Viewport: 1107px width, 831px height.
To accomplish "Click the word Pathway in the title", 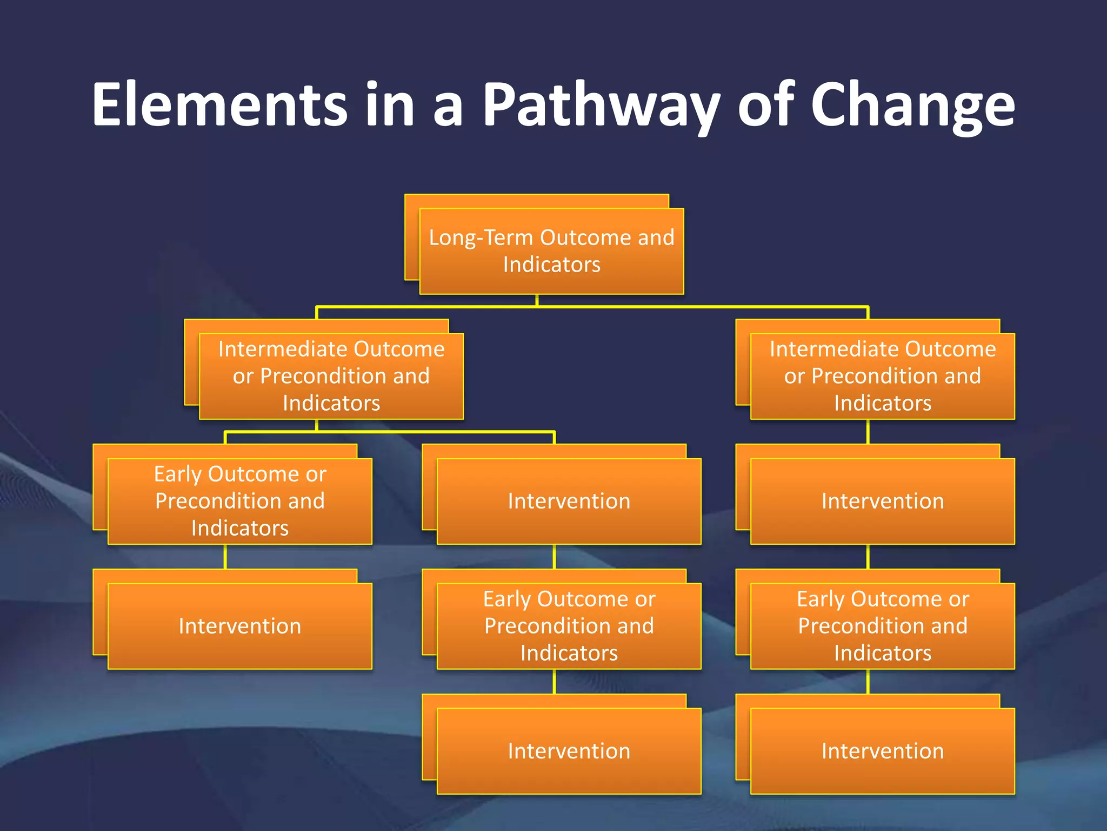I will click(600, 105).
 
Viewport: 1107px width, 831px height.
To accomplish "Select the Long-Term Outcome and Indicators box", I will click(551, 251).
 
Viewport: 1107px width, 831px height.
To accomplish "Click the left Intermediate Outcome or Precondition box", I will click(331, 376).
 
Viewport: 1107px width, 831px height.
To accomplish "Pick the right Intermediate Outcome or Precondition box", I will click(882, 376).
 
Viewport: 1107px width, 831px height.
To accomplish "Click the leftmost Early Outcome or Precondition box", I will click(239, 501).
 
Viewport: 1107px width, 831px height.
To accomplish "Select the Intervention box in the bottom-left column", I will click(239, 626).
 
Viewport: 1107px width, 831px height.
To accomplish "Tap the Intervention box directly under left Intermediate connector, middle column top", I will click(569, 501).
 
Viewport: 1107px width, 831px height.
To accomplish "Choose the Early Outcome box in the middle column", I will click(569, 626).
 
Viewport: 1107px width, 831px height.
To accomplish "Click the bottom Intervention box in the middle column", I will click(569, 751).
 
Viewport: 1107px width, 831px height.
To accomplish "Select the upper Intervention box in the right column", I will click(882, 501).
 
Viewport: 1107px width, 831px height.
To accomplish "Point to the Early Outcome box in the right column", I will click(882, 626).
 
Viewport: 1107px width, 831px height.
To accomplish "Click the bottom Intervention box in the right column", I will click(882, 751).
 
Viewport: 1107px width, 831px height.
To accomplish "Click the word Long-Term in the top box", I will click(481, 238).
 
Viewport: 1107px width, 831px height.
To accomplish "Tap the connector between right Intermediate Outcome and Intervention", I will click(868, 432).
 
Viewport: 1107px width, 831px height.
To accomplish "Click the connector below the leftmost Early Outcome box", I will click(225, 556).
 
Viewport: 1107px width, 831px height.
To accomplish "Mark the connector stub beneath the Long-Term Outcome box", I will click(537, 300).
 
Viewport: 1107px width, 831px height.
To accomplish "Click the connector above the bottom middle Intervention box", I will click(555, 682).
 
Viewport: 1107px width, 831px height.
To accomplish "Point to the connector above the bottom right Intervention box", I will click(868, 682).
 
